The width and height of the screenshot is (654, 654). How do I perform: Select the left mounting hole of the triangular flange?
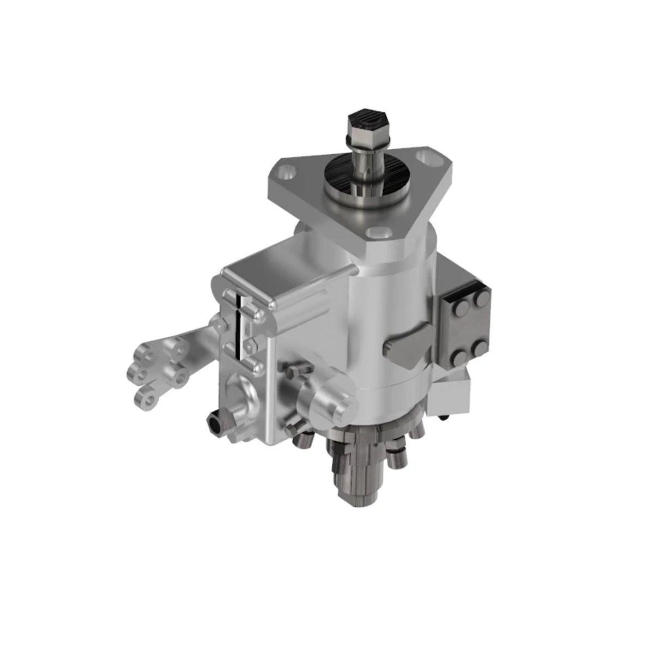[284, 174]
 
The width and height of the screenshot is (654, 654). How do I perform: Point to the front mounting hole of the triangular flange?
[377, 233]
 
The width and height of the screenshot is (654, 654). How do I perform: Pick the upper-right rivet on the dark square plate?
[481, 298]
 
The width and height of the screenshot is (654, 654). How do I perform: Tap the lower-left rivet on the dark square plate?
[459, 358]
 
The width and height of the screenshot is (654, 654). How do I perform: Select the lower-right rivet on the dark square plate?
[480, 347]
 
